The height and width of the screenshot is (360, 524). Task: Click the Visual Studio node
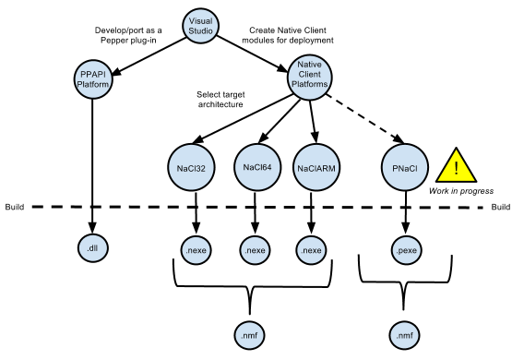click(200, 26)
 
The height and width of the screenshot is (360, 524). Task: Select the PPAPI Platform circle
click(93, 79)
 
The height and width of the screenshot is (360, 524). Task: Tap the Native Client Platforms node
click(309, 78)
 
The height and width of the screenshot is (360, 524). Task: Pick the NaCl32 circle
click(191, 168)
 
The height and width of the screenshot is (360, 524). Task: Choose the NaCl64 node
click(257, 167)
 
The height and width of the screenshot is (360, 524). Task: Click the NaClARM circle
click(316, 168)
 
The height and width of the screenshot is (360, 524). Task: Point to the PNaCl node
click(405, 168)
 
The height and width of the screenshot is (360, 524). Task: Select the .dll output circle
click(93, 248)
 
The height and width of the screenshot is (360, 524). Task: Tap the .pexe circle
click(406, 250)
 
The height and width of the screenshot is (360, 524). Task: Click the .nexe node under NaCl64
click(255, 250)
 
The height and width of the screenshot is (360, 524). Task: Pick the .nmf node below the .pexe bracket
click(404, 335)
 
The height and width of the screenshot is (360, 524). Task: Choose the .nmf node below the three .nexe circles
click(249, 335)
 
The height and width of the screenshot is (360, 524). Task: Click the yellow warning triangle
click(456, 166)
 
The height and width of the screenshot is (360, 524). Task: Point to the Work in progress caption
click(461, 191)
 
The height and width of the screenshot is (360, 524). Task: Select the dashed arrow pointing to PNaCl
click(365, 119)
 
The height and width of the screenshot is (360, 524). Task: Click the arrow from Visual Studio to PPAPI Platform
click(149, 55)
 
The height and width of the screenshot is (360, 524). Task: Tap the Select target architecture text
click(220, 100)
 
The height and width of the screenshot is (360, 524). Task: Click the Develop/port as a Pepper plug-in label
click(128, 35)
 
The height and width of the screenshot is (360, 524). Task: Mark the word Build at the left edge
click(15, 207)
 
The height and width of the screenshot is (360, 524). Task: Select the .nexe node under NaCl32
click(196, 250)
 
